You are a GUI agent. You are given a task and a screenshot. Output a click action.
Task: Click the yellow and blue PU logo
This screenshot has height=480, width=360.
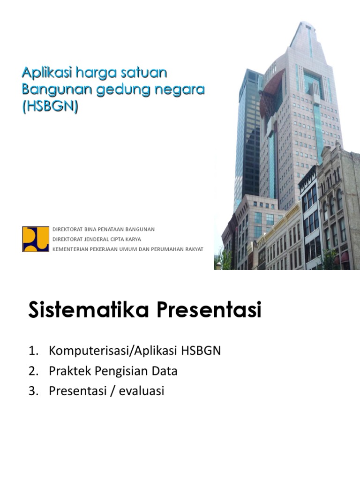36,239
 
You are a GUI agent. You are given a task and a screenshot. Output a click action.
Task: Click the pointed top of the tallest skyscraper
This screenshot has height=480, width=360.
308,23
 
